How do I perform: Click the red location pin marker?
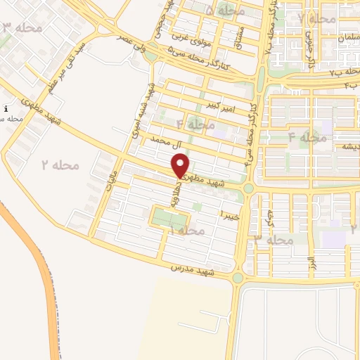click(x=181, y=166)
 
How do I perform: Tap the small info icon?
click(x=6, y=109)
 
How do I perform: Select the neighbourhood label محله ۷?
click(x=316, y=18)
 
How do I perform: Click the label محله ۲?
click(x=60, y=165)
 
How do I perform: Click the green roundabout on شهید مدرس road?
click(x=238, y=278)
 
